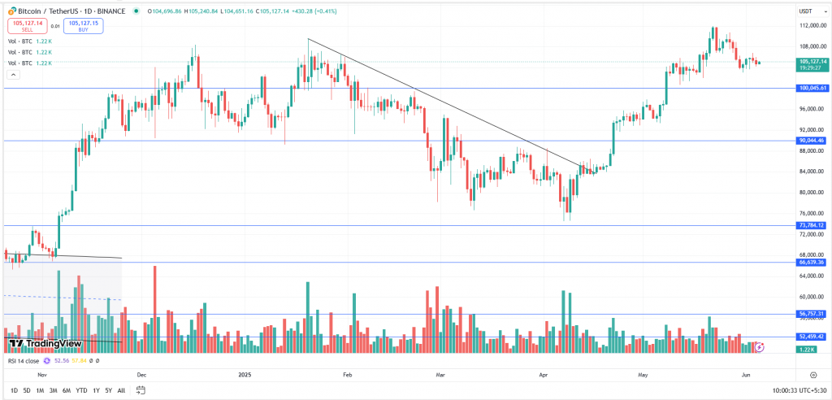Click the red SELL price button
point(27,27)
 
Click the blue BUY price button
point(84,27)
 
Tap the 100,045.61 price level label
point(812,88)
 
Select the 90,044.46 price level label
point(812,141)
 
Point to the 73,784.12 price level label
point(812,225)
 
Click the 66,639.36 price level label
point(812,263)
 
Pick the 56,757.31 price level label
point(812,314)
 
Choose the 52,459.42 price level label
point(812,336)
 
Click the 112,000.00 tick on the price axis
point(812,25)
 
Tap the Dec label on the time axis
point(141,375)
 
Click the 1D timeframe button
point(15,390)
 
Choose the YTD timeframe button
point(81,390)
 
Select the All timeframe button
point(121,390)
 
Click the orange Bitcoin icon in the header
point(10,11)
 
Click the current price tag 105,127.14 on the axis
point(812,61)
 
